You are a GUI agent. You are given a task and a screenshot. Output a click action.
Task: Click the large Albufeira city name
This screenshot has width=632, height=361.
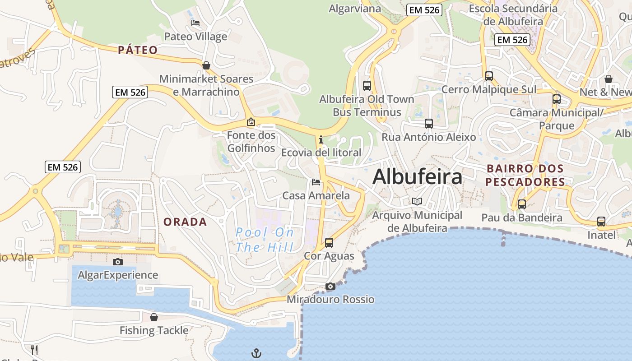417,176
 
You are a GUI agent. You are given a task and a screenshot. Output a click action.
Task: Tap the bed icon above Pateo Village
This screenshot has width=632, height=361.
195,23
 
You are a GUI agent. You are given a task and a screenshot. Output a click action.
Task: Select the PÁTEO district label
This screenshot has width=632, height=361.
138,50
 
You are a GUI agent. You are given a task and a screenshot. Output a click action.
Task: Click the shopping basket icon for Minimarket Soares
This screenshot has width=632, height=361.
206,66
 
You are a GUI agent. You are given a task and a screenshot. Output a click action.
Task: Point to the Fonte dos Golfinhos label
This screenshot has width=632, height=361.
251,142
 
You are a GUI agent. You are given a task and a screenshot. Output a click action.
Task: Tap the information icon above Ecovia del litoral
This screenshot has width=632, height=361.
321,139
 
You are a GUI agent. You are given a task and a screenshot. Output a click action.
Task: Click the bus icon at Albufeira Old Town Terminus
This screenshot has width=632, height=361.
367,85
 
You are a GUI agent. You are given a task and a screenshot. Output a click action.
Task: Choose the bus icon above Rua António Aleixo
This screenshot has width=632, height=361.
429,123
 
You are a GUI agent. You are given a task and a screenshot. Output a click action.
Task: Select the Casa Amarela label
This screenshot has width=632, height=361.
316,195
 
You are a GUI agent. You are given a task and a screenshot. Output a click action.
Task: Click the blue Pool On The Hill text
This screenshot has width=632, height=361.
265,240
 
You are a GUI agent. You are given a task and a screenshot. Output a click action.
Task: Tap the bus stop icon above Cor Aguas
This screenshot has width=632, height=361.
329,243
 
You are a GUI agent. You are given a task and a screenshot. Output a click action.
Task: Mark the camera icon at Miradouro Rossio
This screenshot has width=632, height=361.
330,286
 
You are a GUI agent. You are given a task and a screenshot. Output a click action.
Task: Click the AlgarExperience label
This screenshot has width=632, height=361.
118,275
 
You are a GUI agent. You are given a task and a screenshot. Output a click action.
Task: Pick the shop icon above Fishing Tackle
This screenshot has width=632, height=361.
154,317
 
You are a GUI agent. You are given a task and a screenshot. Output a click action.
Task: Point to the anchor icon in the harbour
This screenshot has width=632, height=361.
256,353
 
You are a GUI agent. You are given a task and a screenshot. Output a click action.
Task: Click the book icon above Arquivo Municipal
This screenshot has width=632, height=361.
417,202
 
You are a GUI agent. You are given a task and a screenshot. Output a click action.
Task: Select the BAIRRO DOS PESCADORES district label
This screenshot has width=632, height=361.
525,175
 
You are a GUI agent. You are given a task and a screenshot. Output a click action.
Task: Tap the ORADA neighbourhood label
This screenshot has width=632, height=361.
185,222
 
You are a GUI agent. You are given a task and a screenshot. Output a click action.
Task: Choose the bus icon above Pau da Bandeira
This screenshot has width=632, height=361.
522,204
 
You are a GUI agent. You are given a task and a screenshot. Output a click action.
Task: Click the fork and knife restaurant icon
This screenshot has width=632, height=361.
34,350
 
